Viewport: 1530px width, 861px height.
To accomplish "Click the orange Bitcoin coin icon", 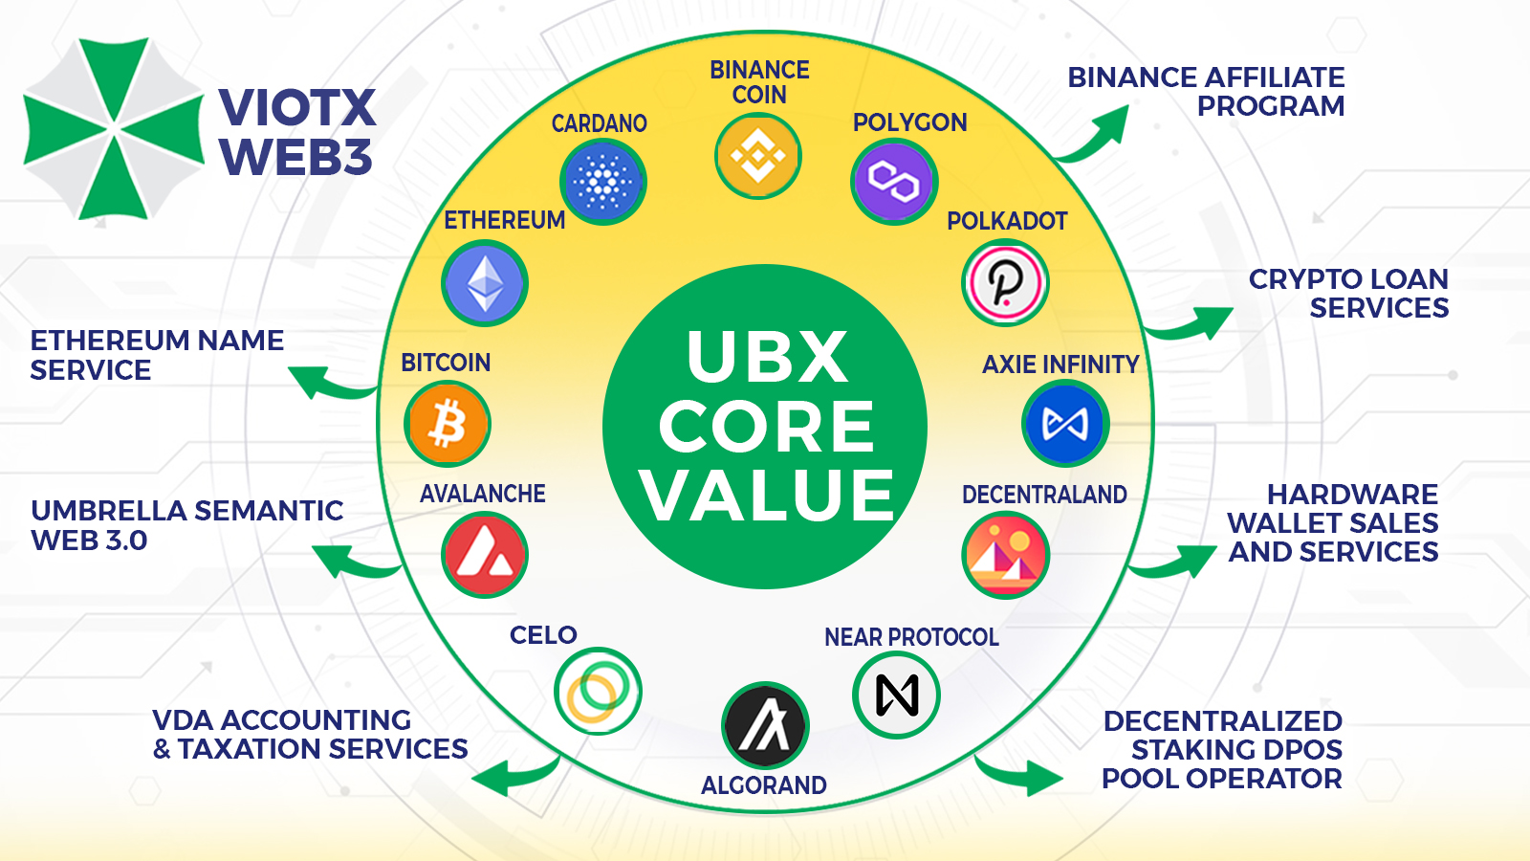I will coord(448,424).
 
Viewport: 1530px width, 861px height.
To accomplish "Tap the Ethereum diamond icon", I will coord(485,283).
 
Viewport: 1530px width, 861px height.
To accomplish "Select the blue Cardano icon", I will coord(602,182).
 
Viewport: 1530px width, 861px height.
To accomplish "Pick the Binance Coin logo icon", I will coord(758,156).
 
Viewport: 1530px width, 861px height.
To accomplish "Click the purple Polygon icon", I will coord(894,182).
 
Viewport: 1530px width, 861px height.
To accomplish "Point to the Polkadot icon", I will coord(1005,283).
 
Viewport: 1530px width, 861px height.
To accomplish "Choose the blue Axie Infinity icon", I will coord(1065,424).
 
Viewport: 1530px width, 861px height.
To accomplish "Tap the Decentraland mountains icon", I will coord(1005,555).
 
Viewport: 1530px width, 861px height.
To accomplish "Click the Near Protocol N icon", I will coord(896,695).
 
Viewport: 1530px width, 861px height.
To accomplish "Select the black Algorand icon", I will coord(765,725).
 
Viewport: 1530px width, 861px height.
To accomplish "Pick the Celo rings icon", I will coord(598,691).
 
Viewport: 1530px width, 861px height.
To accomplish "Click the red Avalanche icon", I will coord(485,555).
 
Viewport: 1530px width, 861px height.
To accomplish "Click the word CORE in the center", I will coord(766,427).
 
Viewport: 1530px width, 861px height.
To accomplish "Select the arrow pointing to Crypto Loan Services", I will coord(1191,323).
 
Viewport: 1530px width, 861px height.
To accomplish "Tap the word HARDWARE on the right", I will coord(1352,495).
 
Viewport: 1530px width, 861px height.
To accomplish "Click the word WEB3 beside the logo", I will coord(295,157).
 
